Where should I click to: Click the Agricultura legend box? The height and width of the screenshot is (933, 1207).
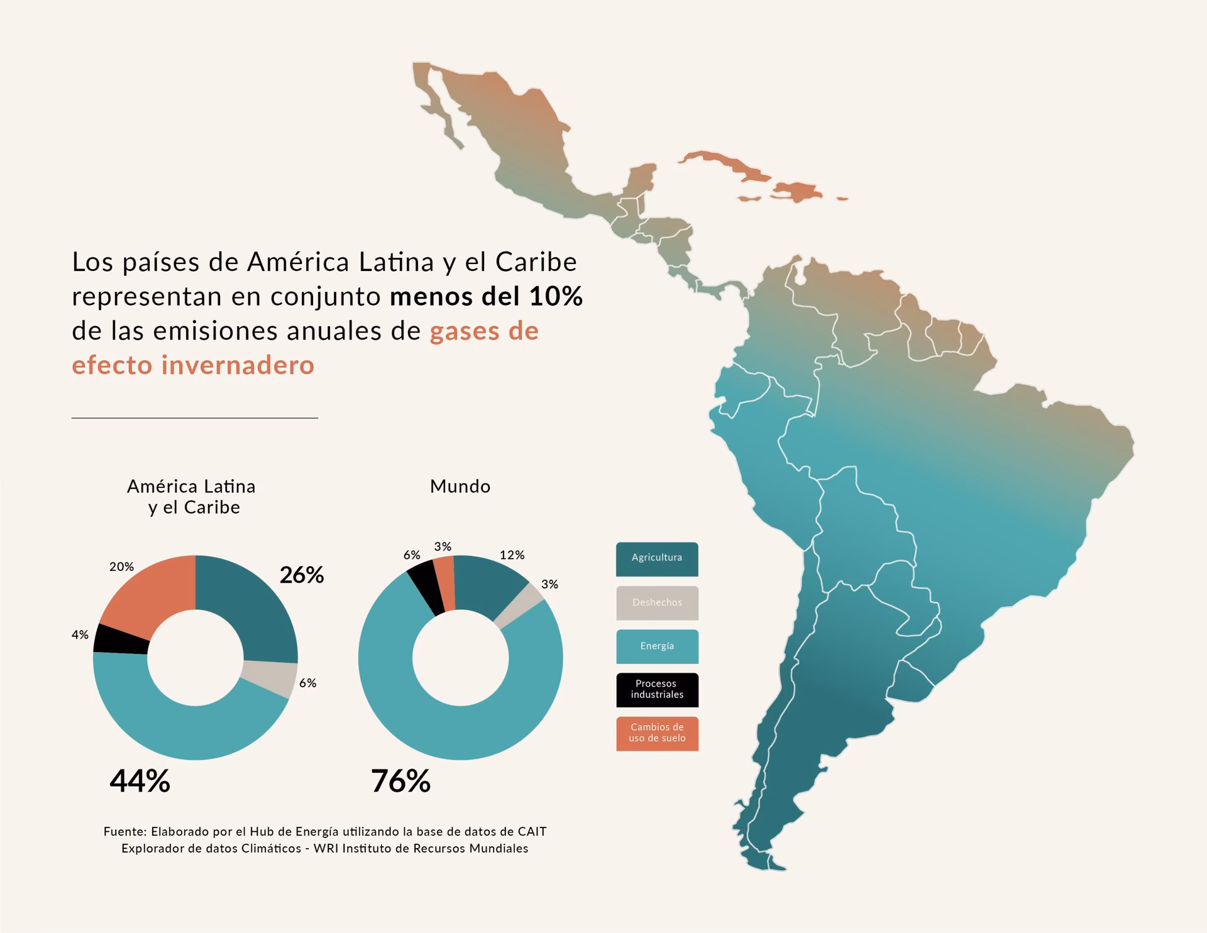657,559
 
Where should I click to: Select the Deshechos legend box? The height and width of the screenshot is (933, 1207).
657,603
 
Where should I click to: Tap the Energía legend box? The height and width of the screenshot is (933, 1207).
657,646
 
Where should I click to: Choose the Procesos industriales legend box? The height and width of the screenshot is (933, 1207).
657,690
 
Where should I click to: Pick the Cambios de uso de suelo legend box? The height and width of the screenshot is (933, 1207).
657,733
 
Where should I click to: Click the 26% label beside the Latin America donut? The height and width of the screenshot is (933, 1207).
302,575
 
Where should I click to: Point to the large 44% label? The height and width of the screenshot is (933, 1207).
140,781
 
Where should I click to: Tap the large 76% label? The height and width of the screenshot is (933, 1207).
400,781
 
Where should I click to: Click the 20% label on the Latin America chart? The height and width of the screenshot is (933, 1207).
121,566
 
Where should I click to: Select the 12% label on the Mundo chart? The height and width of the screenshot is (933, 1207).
512,555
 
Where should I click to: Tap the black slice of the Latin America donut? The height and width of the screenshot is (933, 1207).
121,639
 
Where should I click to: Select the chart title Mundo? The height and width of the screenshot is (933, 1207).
460,487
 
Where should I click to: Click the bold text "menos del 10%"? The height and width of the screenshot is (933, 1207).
486,297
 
